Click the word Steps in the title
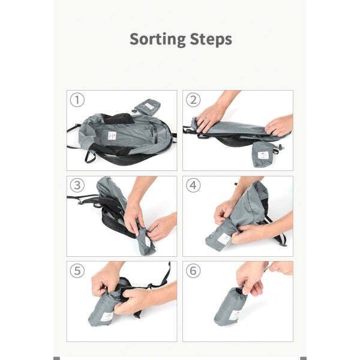tap(211, 40)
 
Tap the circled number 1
tap(77, 100)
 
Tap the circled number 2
tap(193, 100)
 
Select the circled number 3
tap(77, 185)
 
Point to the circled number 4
tap(193, 185)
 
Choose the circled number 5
tap(77, 271)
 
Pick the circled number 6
tap(193, 271)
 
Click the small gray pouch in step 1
tap(147, 106)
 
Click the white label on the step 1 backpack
tap(111, 136)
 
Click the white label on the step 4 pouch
tap(224, 239)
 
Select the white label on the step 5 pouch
tap(107, 317)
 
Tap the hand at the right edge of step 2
tap(280, 125)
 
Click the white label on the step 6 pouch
tap(235, 316)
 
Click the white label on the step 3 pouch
tap(147, 241)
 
